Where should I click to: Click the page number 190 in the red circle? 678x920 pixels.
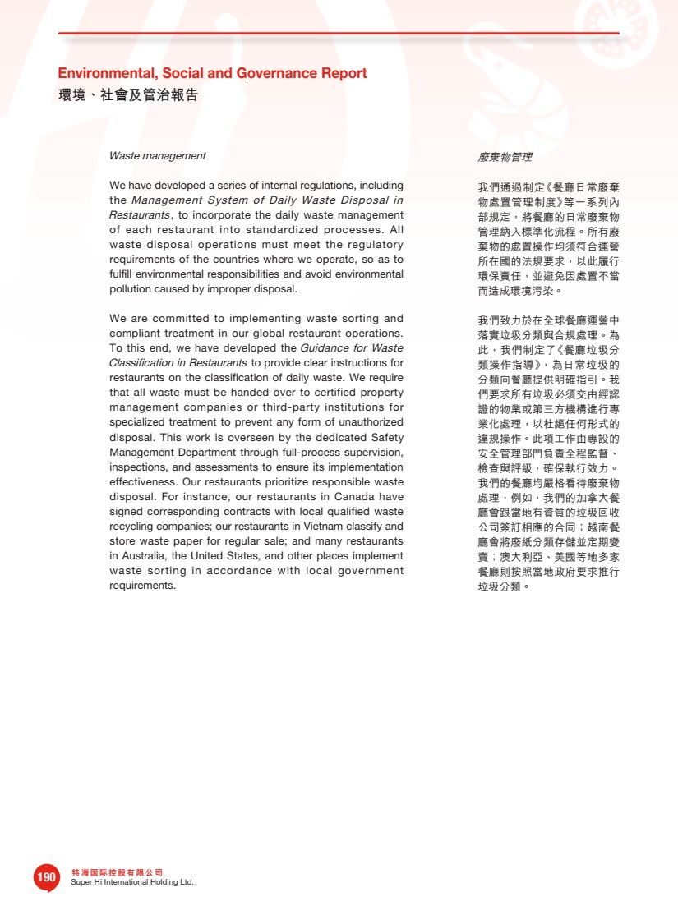[47, 877]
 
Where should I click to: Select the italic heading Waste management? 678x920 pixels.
[158, 156]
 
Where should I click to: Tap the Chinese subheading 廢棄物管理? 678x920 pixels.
[505, 156]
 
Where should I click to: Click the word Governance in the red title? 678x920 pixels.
[271, 74]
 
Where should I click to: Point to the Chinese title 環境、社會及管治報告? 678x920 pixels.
[127, 95]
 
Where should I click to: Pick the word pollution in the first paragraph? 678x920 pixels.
[131, 289]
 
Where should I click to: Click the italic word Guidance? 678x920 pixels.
[326, 348]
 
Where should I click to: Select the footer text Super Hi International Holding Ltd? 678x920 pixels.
[132, 882]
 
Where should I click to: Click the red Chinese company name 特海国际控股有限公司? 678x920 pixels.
[118, 872]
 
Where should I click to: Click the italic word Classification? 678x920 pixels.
[142, 363]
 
